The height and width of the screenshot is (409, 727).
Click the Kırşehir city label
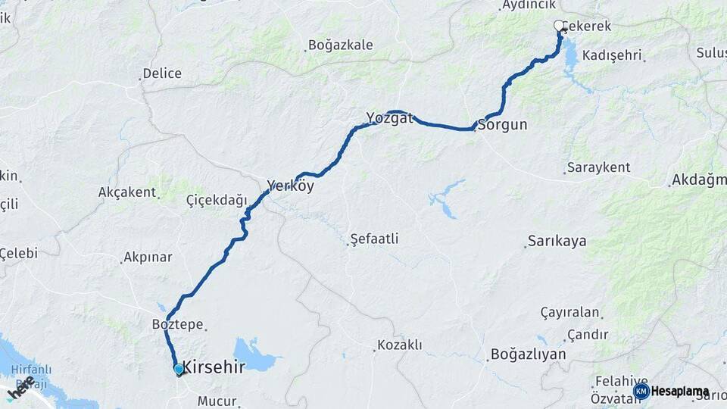(214, 367)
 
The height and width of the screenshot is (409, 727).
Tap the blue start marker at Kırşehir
(179, 370)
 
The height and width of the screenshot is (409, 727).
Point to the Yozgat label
(389, 118)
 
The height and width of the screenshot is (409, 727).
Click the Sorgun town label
(502, 125)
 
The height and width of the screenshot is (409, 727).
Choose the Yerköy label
(290, 186)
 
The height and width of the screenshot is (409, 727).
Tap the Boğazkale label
(341, 45)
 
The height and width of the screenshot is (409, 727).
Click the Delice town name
(162, 73)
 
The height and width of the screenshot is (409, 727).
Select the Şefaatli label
(374, 239)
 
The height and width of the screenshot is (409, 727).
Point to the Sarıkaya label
(557, 242)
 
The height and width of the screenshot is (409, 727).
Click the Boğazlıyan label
(528, 354)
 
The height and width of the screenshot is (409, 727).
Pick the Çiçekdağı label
(217, 201)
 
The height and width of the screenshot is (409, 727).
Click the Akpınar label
(148, 258)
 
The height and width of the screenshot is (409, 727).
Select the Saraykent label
(598, 167)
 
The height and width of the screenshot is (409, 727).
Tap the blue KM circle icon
(641, 392)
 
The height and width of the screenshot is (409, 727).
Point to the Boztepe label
(178, 324)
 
